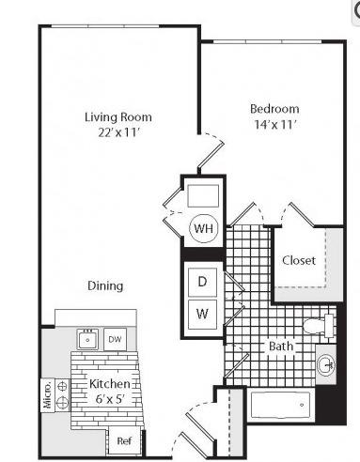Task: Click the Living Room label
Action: click(x=118, y=117)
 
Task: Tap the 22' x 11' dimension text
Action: click(x=118, y=132)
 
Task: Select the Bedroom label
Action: click(x=274, y=109)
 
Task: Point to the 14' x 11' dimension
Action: click(x=275, y=125)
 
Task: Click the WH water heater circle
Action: click(x=203, y=228)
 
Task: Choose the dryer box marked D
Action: click(x=202, y=282)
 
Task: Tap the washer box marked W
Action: click(x=202, y=314)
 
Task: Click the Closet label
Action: click(x=299, y=260)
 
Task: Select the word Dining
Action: click(x=105, y=285)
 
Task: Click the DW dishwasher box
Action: click(x=116, y=339)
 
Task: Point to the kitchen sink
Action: click(x=87, y=339)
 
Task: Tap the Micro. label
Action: click(x=47, y=395)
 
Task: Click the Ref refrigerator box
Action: click(x=124, y=441)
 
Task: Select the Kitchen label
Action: click(x=110, y=384)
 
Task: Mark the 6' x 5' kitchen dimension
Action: click(x=110, y=399)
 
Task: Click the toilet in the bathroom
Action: click(x=319, y=326)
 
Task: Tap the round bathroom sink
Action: click(x=326, y=365)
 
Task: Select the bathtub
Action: click(x=281, y=405)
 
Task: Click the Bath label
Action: click(x=281, y=346)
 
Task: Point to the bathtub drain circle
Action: click(x=302, y=405)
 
